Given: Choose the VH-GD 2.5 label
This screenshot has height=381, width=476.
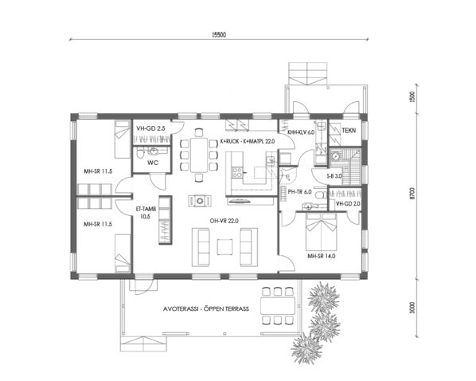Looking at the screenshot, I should coord(150,128).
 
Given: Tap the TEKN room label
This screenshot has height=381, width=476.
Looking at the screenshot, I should coord(349,128).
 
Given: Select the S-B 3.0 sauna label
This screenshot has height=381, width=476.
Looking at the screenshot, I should coord(334,175).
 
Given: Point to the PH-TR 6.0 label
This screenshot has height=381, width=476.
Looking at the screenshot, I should coord(302,191).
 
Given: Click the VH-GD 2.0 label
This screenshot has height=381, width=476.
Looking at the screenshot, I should coord(349,204).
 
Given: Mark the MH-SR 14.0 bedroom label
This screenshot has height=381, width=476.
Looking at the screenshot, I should coord(324,256).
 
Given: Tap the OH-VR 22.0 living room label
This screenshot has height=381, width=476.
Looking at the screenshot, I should coord(224,220).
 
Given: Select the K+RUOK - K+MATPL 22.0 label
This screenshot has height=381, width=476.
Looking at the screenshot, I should coord(247,140).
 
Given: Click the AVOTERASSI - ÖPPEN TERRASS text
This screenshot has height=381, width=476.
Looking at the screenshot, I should coord(206,308).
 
